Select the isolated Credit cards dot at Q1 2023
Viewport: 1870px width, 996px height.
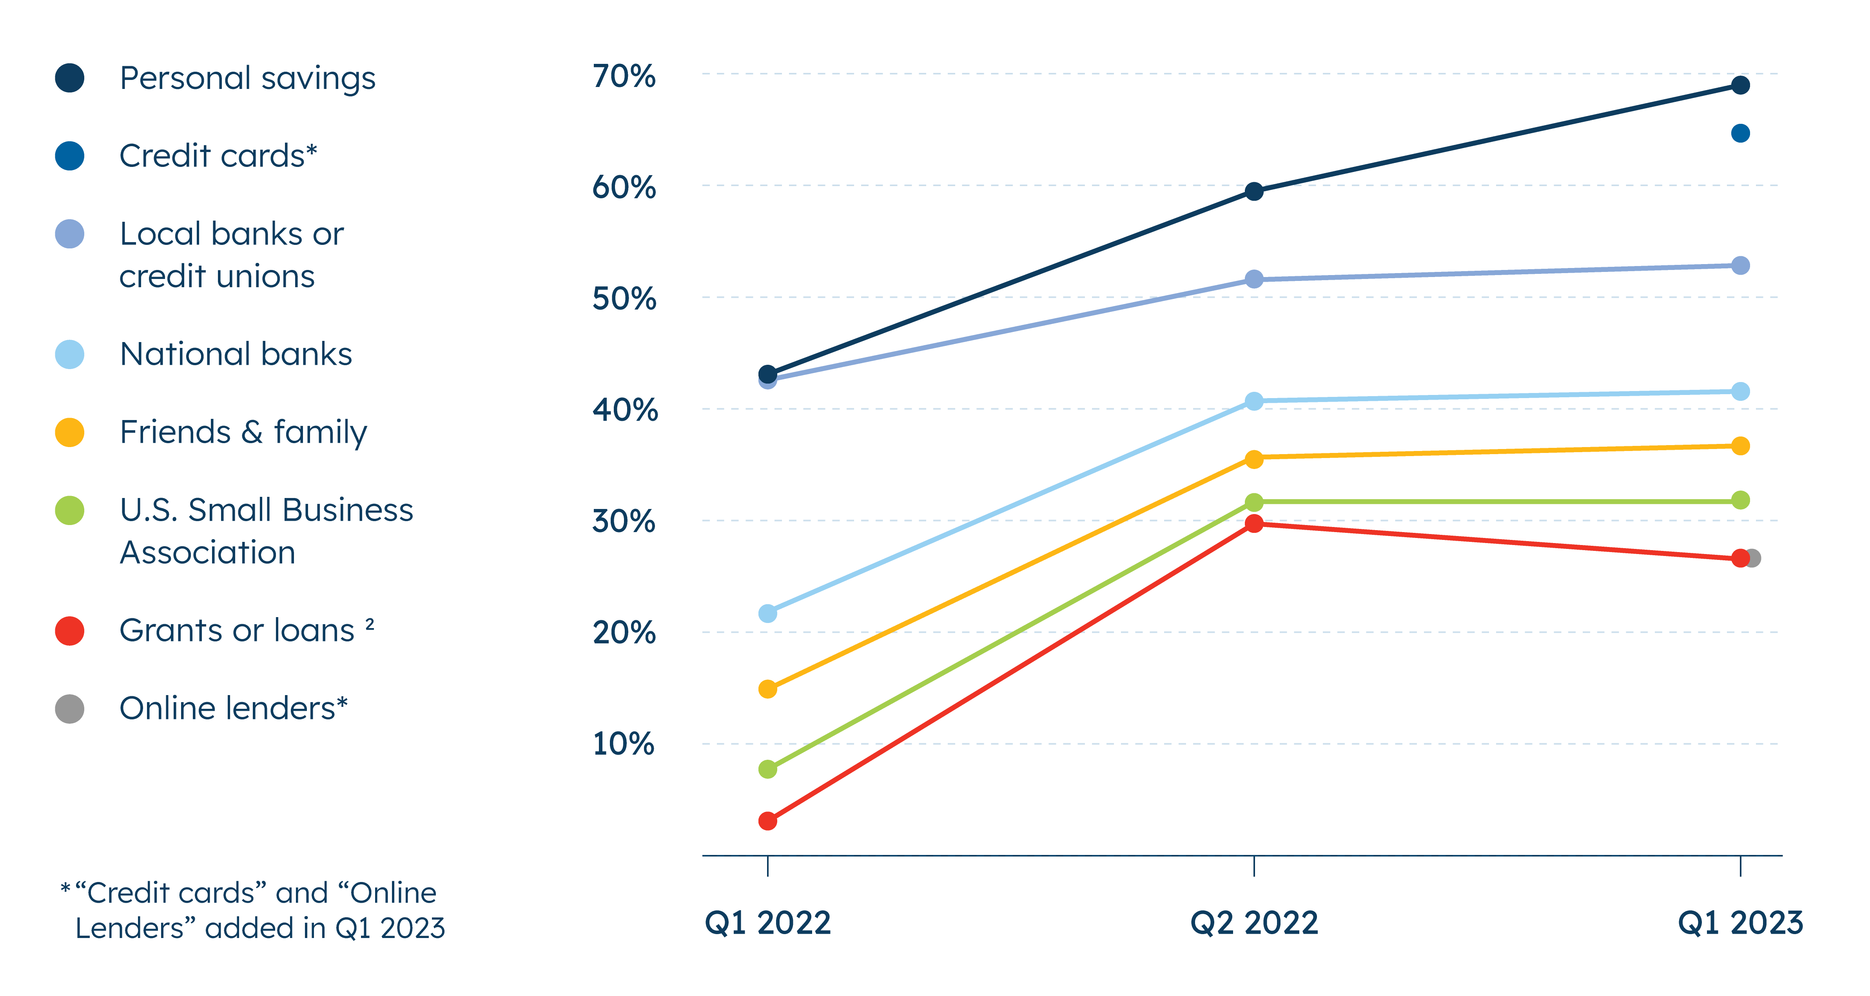click(1740, 134)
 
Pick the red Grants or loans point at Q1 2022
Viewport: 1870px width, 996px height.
click(767, 821)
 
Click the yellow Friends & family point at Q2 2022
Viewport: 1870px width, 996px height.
click(1254, 459)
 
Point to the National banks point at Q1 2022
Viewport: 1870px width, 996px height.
click(767, 614)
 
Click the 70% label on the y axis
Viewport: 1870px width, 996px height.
click(624, 76)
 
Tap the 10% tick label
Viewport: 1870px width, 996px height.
click(624, 744)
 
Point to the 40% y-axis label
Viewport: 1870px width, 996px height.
click(624, 410)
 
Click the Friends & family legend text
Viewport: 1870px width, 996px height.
click(243, 433)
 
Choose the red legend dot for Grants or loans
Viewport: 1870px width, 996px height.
click(70, 631)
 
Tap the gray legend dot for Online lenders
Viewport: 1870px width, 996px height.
click(70, 708)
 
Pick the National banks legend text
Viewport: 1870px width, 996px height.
click(236, 354)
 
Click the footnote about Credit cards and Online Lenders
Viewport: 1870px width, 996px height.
click(254, 910)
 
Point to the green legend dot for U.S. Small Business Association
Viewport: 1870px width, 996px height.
click(70, 510)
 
